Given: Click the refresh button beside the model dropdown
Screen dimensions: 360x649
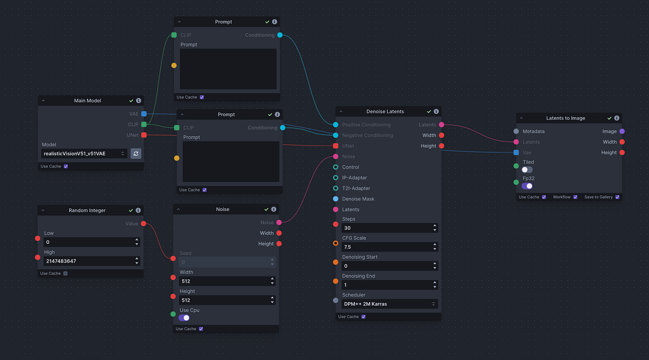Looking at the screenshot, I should pyautogui.click(x=136, y=153).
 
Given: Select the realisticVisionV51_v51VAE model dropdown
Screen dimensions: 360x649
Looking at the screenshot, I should pyautogui.click(x=84, y=153).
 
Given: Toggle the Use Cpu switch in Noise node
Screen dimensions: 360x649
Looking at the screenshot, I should pyautogui.click(x=184, y=318).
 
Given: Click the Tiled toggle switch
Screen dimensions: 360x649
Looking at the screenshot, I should pyautogui.click(x=527, y=170).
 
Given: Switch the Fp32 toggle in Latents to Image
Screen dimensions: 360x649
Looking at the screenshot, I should pyautogui.click(x=527, y=186).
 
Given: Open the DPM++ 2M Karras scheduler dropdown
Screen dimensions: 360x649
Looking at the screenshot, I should pyautogui.click(x=389, y=304).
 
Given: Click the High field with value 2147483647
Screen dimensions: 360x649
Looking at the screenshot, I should pyautogui.click(x=88, y=261).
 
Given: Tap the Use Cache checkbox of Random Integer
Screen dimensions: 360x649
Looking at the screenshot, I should pyautogui.click(x=65, y=273).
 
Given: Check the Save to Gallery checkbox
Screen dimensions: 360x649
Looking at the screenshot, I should pyautogui.click(x=617, y=197).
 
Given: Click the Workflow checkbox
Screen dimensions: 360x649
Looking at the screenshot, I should pyautogui.click(x=575, y=197).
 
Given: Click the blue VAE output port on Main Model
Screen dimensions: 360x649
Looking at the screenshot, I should pyautogui.click(x=144, y=114).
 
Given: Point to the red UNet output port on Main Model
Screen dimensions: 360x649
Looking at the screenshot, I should pyautogui.click(x=144, y=135).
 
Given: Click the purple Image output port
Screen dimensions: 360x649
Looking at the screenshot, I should pyautogui.click(x=622, y=131).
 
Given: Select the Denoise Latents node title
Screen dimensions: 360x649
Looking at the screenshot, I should pyautogui.click(x=385, y=111).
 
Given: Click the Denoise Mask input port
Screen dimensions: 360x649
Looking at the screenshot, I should pyautogui.click(x=335, y=199).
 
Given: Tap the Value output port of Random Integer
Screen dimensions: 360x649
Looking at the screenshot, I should pyautogui.click(x=143, y=223).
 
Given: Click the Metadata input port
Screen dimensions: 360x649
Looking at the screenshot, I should pyautogui.click(x=516, y=131).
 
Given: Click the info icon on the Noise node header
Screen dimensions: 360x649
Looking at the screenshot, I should pyautogui.click(x=274, y=209).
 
